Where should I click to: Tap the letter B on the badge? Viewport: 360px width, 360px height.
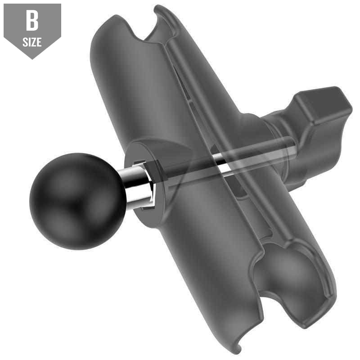tap(32, 22)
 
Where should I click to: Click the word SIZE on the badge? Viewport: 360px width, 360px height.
tap(32, 42)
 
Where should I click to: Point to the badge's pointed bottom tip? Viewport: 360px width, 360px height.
tap(31, 57)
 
